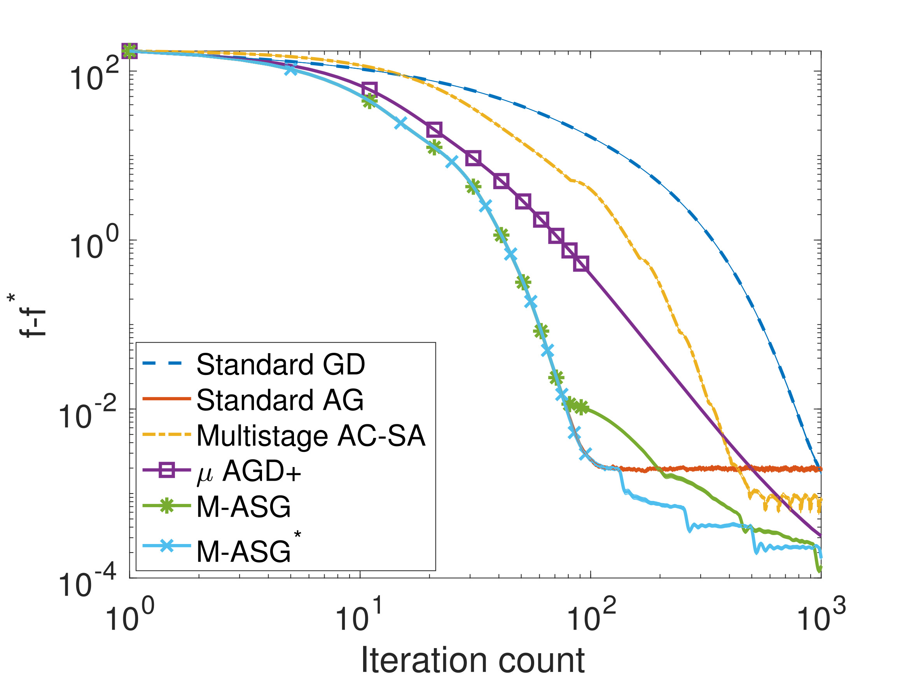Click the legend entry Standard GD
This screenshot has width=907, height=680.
[x=280, y=364]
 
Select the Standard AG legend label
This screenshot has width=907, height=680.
[x=280, y=400]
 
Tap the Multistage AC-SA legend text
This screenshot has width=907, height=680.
[x=311, y=436]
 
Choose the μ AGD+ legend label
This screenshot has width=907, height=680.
[x=249, y=471]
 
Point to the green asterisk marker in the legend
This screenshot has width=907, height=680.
[x=166, y=506]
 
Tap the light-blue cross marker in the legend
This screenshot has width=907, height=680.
[x=166, y=546]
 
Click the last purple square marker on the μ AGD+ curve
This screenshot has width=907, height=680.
[x=580, y=263]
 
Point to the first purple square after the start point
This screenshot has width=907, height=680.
[x=369, y=88]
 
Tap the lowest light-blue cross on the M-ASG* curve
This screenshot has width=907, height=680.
[x=585, y=454]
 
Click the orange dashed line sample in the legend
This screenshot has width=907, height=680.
[x=166, y=434]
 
